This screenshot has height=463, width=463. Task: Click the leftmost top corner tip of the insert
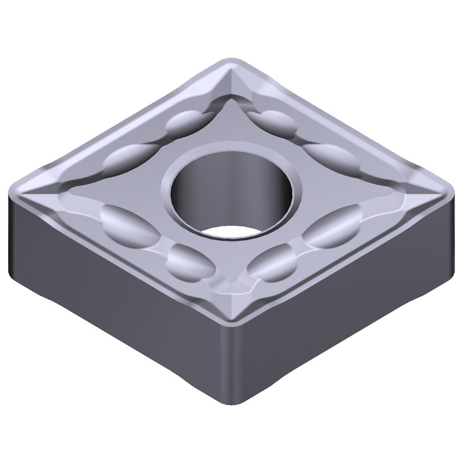pyautogui.click(x=14, y=190)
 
